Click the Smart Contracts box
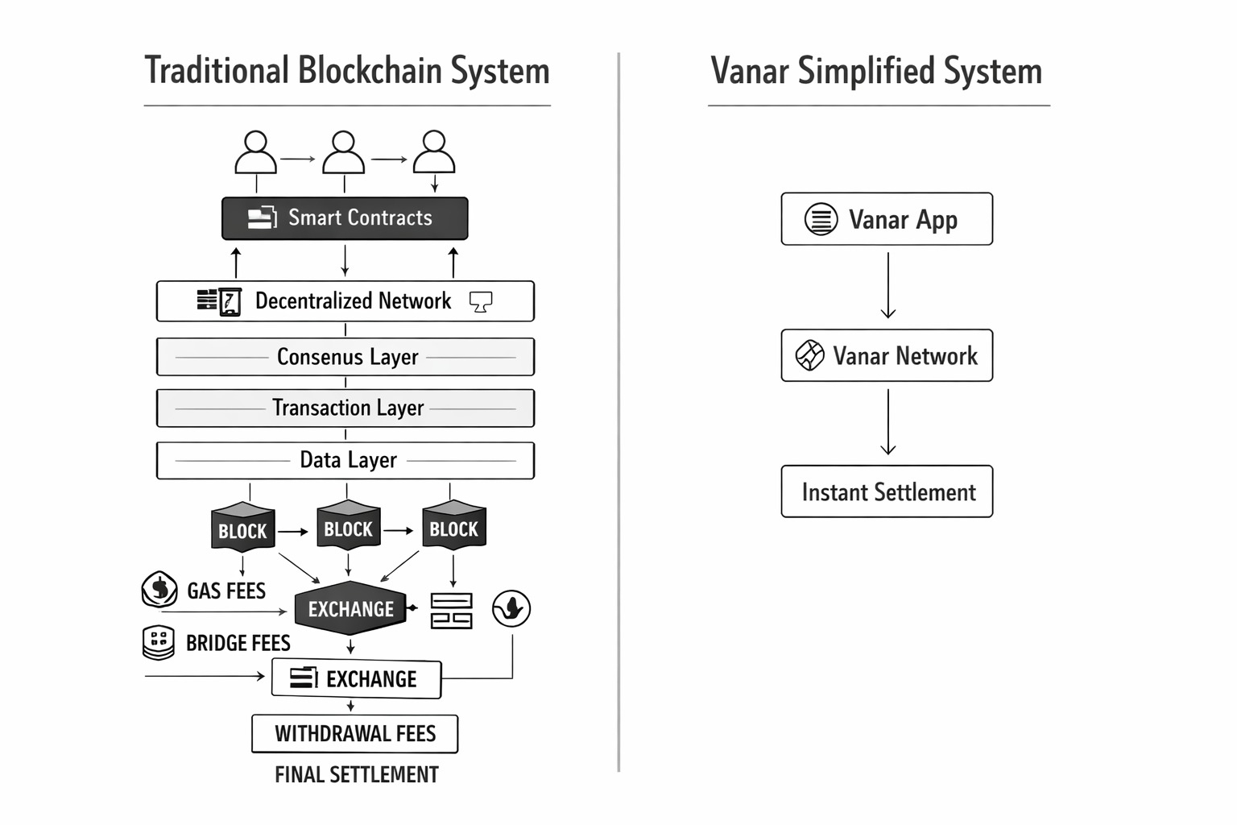345,218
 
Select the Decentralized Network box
345,301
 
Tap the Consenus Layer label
347,357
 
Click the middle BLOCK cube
348,527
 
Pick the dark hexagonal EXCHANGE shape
351,608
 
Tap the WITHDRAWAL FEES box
354,734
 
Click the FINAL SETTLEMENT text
356,775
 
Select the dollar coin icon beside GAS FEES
159,590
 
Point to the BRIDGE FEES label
238,643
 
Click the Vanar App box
887,219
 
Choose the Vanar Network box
887,355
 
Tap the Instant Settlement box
887,491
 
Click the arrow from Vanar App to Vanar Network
888,286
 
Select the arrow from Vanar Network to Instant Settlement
888,422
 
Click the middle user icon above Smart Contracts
344,153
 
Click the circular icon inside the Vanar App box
821,219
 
